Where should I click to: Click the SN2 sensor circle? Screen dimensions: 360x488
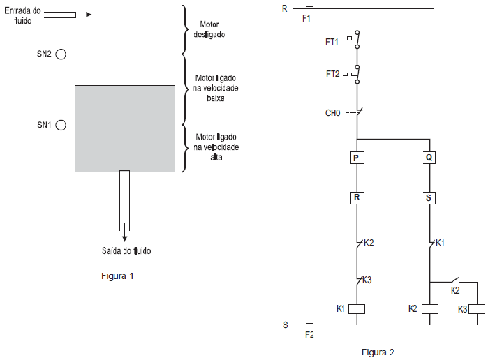61,54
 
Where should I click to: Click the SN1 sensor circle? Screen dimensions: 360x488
61,125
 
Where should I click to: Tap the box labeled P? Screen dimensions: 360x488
357,158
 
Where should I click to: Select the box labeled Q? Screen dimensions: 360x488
429,158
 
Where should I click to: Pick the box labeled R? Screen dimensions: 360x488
357,198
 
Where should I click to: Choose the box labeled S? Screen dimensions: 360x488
429,198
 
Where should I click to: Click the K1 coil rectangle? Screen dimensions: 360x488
357,308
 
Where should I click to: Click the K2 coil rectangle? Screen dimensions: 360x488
429,308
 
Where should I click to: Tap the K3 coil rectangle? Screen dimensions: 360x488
478,308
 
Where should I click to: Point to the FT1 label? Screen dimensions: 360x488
332,43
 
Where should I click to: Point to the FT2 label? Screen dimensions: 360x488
332,73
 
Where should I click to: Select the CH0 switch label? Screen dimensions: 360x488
332,112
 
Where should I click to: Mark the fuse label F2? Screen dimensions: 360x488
309,335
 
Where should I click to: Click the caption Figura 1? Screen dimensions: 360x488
117,276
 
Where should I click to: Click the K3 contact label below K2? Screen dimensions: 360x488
367,280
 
